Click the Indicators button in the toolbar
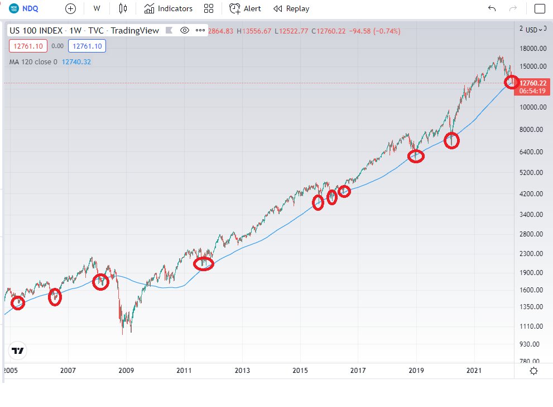point(168,8)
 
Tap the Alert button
point(245,8)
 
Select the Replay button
point(291,8)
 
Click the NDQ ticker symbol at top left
point(31,8)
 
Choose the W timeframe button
point(97,8)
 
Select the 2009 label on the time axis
point(126,371)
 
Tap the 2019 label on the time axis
point(416,371)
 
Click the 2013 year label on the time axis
point(242,371)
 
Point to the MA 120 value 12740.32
point(76,62)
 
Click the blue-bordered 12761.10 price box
point(86,46)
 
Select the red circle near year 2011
point(204,263)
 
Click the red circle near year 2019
point(416,157)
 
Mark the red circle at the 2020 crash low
point(451,140)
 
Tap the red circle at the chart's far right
point(512,82)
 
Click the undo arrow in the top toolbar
point(492,8)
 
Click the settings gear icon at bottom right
point(534,371)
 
